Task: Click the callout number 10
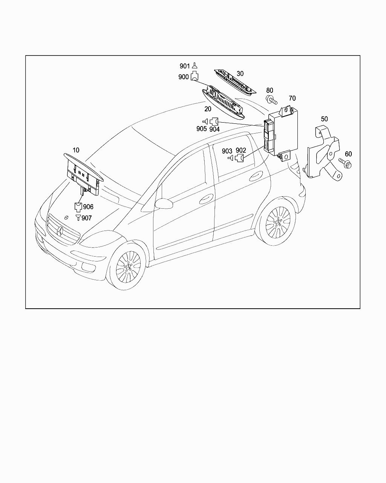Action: [76, 150]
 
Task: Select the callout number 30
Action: [240, 74]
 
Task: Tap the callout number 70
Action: [292, 98]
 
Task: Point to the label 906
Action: [88, 207]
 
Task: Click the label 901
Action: [184, 66]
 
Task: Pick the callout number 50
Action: [324, 119]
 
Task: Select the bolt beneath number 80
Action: [271, 100]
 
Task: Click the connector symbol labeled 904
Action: [214, 122]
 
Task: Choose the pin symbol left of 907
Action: [78, 218]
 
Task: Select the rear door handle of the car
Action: [256, 175]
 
